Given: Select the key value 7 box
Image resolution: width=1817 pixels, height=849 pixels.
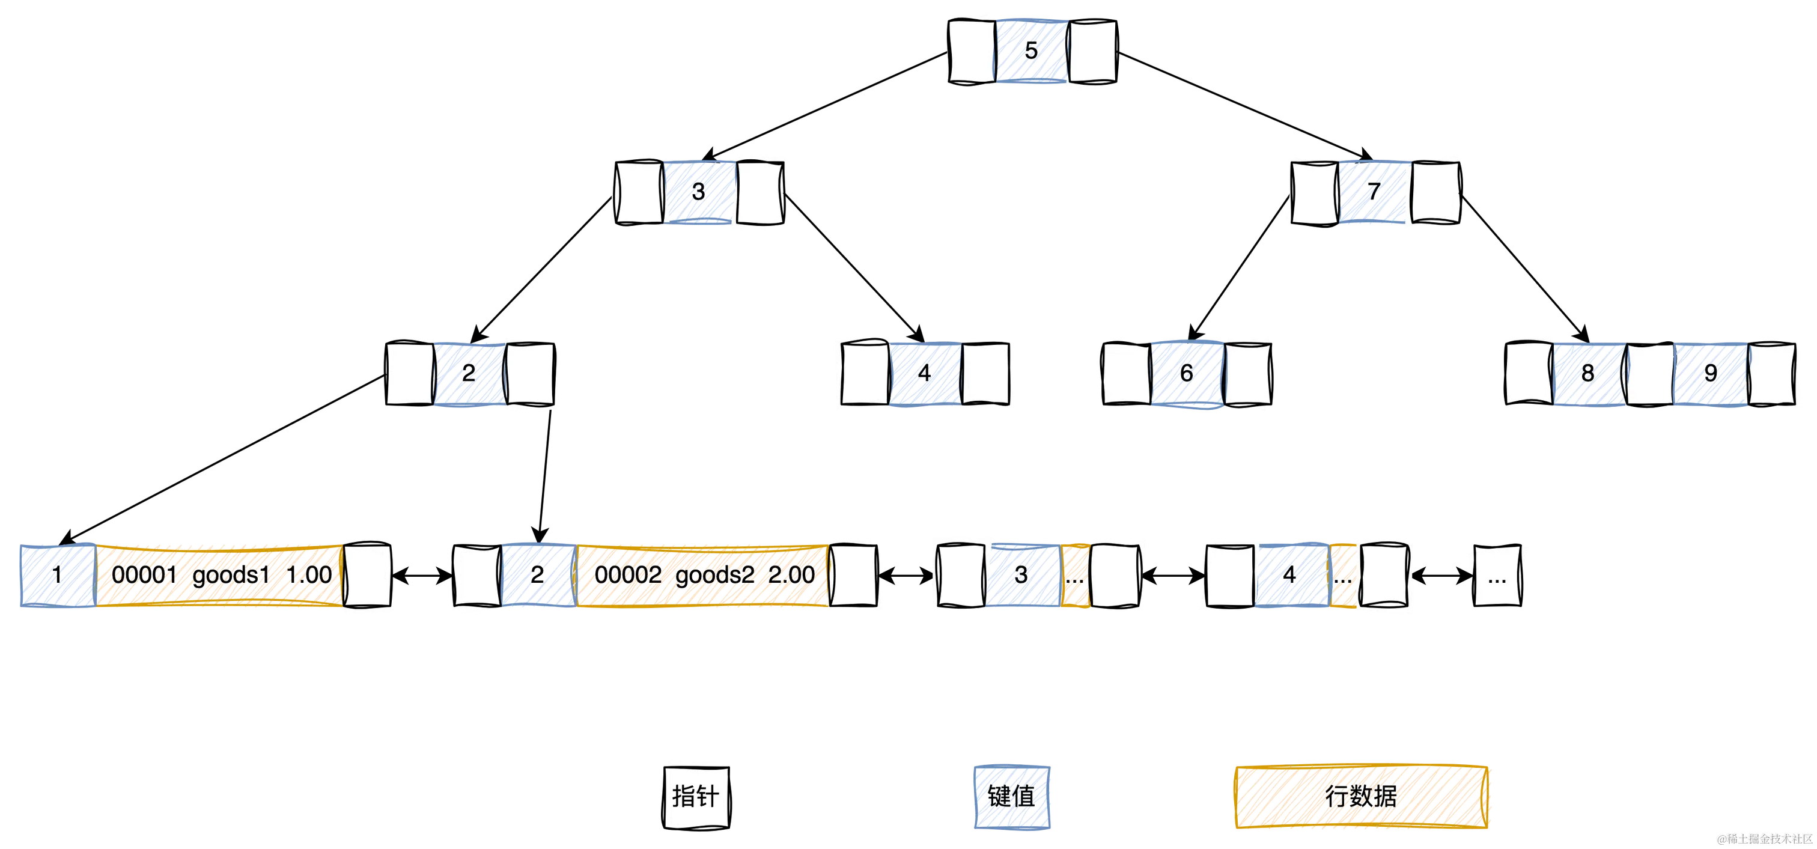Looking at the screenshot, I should pyautogui.click(x=1374, y=192).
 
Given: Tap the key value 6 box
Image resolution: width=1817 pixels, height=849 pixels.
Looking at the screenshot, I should pyautogui.click(x=1187, y=373).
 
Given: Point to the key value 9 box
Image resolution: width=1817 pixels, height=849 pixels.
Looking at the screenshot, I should pyautogui.click(x=1710, y=374).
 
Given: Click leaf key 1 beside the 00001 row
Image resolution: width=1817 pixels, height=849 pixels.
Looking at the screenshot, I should pyautogui.click(x=56, y=576).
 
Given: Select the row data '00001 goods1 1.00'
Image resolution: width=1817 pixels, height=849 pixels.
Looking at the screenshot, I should pyautogui.click(x=220, y=576).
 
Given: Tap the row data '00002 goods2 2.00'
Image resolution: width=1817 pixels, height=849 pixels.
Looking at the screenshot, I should pyautogui.click(x=702, y=576).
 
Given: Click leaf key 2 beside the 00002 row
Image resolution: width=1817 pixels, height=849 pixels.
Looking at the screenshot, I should pyautogui.click(x=538, y=576).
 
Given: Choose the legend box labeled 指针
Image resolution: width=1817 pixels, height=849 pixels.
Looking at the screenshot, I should pyautogui.click(x=696, y=795).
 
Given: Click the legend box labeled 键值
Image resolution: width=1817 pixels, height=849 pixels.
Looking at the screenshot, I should pyautogui.click(x=1011, y=796).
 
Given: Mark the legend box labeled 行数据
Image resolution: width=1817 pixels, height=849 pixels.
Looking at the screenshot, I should pyautogui.click(x=1360, y=796).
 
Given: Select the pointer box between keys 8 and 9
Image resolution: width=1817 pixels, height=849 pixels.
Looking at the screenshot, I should pyautogui.click(x=1649, y=375).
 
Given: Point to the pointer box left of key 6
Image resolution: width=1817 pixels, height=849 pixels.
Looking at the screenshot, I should pyautogui.click(x=1127, y=374).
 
